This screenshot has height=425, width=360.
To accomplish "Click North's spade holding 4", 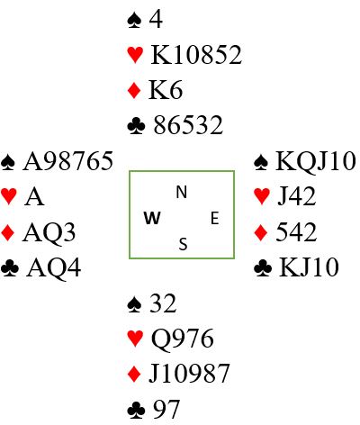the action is tap(156, 20).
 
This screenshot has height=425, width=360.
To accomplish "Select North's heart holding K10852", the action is tap(196, 55).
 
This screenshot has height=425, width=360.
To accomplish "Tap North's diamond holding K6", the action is tap(166, 90).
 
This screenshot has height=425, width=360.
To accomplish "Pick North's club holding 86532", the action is tap(188, 125).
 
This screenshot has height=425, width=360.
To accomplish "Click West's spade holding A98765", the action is tap(68, 161).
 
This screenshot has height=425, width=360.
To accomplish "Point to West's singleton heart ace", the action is tap(34, 197).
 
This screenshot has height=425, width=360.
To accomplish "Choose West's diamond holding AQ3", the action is tap(49, 232).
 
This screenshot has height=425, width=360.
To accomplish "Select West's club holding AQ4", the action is tap(53, 268).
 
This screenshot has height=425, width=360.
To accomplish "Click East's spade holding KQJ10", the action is tap(316, 161).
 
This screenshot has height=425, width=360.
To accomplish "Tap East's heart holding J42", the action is tap(296, 197).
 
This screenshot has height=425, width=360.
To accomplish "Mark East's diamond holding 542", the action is tap(296, 232).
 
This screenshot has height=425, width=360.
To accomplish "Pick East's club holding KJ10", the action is tap(309, 267).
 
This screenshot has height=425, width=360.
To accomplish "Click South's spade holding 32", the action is tap(163, 303).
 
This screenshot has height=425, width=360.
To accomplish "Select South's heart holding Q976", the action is tap(183, 339).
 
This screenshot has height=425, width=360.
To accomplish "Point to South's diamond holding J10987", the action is tap(189, 374).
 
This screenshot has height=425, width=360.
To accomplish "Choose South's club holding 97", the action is tap(166, 409).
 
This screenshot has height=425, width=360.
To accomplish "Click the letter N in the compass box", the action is tap(182, 192).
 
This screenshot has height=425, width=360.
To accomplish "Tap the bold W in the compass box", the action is tap(152, 218).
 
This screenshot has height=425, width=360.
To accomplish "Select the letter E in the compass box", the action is tap(214, 218).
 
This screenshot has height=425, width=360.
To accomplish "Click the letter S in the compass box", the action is tap(183, 244).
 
